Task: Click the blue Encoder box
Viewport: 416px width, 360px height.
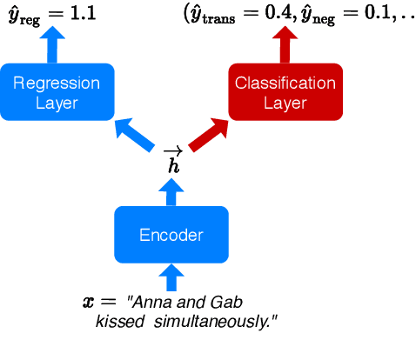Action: coord(171,234)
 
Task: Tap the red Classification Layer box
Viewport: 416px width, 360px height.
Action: coord(285,91)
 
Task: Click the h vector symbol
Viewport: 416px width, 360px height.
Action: coord(172,162)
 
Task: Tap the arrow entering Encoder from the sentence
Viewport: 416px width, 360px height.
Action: coord(171,277)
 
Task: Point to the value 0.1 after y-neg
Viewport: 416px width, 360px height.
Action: coord(374,14)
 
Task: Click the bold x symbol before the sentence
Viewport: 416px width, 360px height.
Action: coord(88,302)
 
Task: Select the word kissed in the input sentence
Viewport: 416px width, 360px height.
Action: coord(117,322)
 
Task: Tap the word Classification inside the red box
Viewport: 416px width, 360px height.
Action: coord(285,83)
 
